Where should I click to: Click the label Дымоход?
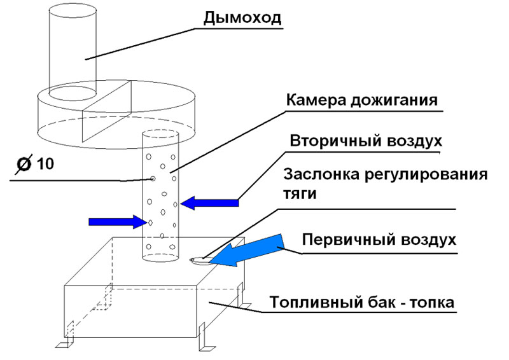[242, 17]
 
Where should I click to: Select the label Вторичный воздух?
[366, 140]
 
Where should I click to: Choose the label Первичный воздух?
[379, 241]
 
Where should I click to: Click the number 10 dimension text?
[45, 165]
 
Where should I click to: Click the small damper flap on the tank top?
[198, 259]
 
